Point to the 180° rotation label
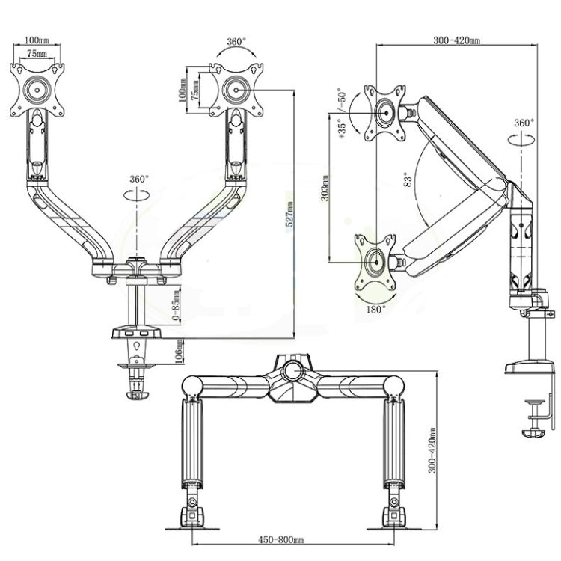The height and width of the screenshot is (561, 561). click(x=375, y=307)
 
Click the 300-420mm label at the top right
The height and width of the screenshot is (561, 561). click(x=456, y=41)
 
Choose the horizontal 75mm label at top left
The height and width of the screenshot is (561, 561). click(x=35, y=54)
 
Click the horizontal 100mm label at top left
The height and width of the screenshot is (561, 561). click(x=35, y=40)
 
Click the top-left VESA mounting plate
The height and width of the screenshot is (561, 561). click(x=36, y=90)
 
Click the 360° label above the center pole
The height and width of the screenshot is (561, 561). click(x=138, y=180)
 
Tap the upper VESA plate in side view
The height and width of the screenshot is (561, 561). click(x=384, y=113)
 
